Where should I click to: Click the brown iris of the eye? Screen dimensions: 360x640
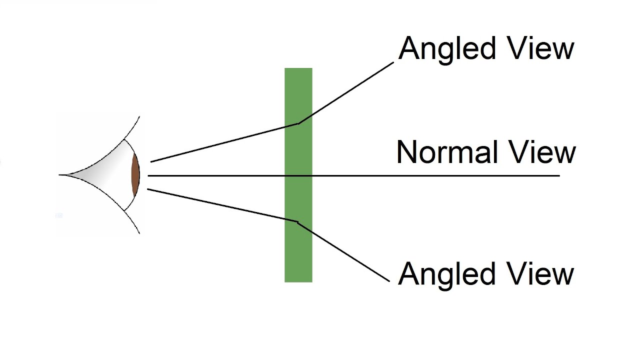pos(135,175)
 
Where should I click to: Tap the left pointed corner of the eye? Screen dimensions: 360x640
pos(60,174)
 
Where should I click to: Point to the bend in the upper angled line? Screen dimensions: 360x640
pos(298,123)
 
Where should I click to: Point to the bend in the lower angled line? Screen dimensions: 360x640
pos(297,221)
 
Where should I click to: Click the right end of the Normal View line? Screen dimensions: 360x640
pos(558,175)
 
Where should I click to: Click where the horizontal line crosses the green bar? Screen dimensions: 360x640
pos(298,175)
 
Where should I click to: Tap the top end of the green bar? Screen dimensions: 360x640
pos(298,69)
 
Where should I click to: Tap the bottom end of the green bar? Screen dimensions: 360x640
pos(298,281)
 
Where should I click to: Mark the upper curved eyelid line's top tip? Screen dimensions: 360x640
pos(139,116)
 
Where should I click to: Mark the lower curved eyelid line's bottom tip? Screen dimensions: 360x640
pos(139,233)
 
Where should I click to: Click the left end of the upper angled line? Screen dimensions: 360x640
pos(151,161)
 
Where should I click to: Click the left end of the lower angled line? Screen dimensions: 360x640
pos(148,189)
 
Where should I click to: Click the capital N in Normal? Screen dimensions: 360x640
pos(406,152)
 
